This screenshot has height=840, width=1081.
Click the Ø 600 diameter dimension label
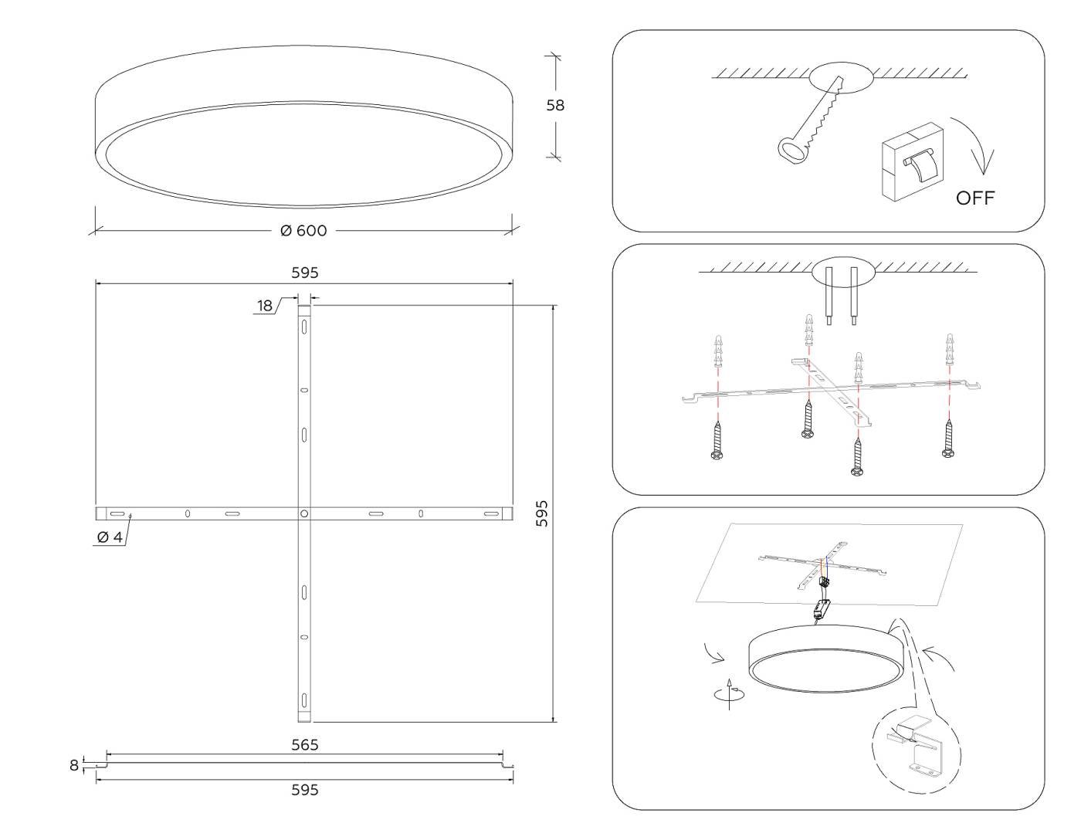point(303,231)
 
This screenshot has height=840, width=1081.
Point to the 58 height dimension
point(555,106)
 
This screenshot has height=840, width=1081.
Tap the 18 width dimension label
point(265,306)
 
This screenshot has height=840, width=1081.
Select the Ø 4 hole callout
point(110,537)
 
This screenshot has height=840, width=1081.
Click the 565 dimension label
point(304,745)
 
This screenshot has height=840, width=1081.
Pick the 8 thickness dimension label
point(74,765)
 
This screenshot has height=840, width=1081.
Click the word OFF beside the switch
point(975,198)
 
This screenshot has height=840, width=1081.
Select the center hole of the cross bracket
point(304,513)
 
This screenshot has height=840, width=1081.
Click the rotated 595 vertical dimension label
point(542,513)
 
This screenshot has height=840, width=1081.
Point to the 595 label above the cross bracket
point(304,273)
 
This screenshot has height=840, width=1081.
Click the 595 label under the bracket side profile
point(304,790)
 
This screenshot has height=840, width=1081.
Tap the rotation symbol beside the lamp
point(730,693)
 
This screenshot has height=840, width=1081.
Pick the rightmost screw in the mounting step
point(948,439)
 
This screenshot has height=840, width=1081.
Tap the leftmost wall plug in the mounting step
point(718,351)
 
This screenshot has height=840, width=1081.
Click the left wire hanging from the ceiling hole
point(829,296)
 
